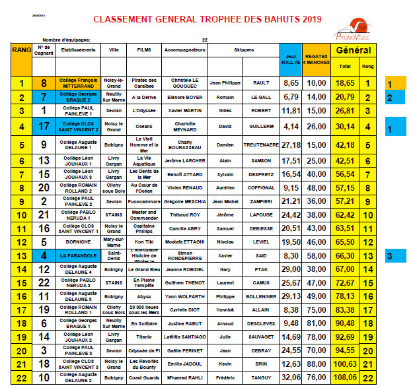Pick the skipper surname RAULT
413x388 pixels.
coord(262,83)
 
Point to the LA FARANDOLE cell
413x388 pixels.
coord(76,255)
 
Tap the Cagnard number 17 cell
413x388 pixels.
coord(43,126)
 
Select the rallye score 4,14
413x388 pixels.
coord(291,126)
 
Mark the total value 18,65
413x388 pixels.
coord(345,83)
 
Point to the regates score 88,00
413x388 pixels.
coord(317,364)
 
